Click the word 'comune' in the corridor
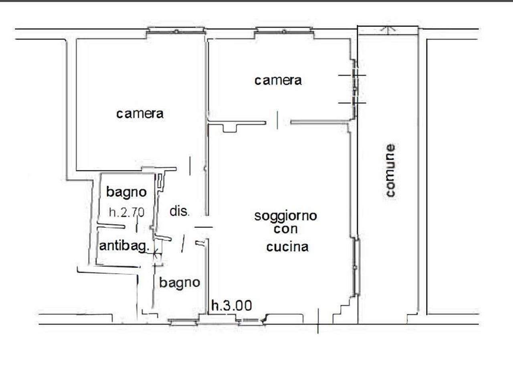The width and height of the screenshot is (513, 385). pyautogui.click(x=390, y=170)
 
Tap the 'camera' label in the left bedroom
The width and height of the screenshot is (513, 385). pyautogui.click(x=140, y=113)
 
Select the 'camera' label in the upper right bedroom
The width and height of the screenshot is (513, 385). pyautogui.click(x=278, y=80)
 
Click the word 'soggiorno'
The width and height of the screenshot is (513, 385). pyautogui.click(x=285, y=216)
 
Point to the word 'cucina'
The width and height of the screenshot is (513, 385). pyautogui.click(x=287, y=246)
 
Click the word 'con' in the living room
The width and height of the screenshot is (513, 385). pyautogui.click(x=285, y=229)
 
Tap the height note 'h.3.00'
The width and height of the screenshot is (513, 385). pyautogui.click(x=232, y=306)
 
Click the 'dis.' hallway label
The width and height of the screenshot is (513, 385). pyautogui.click(x=179, y=211)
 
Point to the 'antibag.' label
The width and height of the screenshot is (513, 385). pyautogui.click(x=124, y=245)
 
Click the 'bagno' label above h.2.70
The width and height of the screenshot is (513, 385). pyautogui.click(x=126, y=192)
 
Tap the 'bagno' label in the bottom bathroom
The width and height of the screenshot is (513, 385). pyautogui.click(x=180, y=282)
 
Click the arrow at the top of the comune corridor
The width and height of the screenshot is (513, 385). pyautogui.click(x=387, y=29)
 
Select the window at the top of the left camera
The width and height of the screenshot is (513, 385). pyautogui.click(x=176, y=30)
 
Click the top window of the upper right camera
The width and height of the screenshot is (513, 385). pyautogui.click(x=284, y=30)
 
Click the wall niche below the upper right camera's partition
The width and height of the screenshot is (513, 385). pyautogui.click(x=230, y=128)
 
